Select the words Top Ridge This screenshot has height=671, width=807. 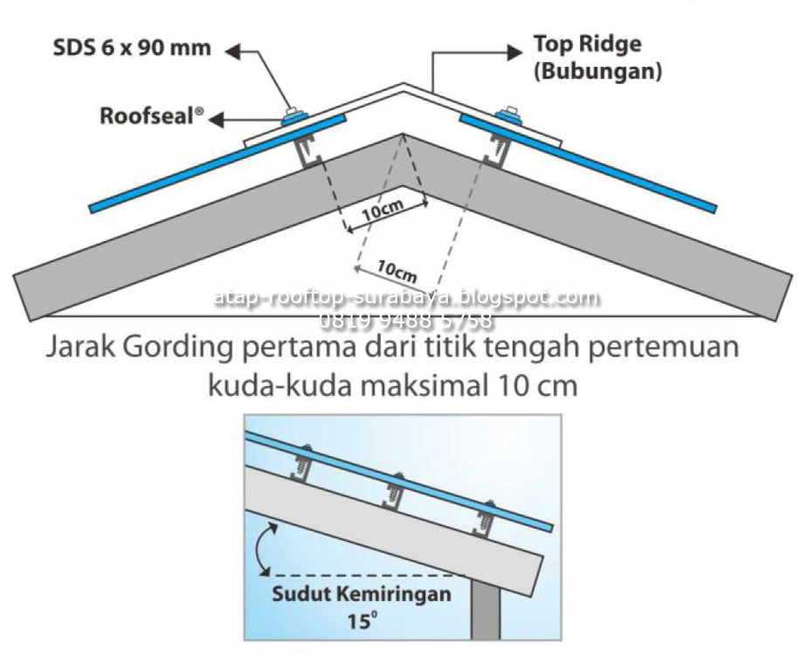pyautogui.click(x=586, y=45)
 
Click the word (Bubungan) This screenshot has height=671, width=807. pyautogui.click(x=597, y=72)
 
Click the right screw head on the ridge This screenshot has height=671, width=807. pyautogui.click(x=507, y=113)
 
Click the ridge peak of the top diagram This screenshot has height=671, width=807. pyautogui.click(x=403, y=85)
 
